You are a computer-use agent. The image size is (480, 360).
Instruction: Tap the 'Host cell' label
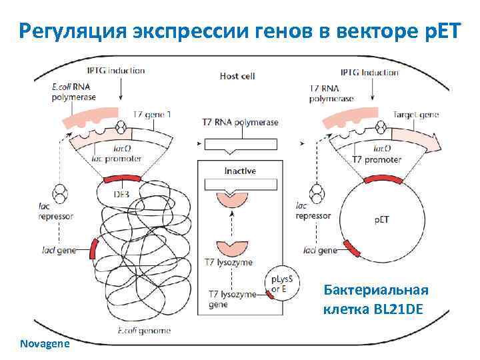click(x=237, y=76)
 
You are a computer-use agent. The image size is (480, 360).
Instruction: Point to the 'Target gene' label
click(x=416, y=115)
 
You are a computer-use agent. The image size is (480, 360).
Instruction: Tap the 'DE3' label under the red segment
click(x=121, y=194)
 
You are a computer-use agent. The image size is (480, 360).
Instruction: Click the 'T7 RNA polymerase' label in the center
click(x=239, y=122)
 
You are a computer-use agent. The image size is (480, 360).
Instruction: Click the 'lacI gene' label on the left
click(x=57, y=251)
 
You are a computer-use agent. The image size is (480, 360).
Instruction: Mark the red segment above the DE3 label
click(x=122, y=178)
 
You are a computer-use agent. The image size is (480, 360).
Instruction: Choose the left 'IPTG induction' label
click(x=117, y=71)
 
